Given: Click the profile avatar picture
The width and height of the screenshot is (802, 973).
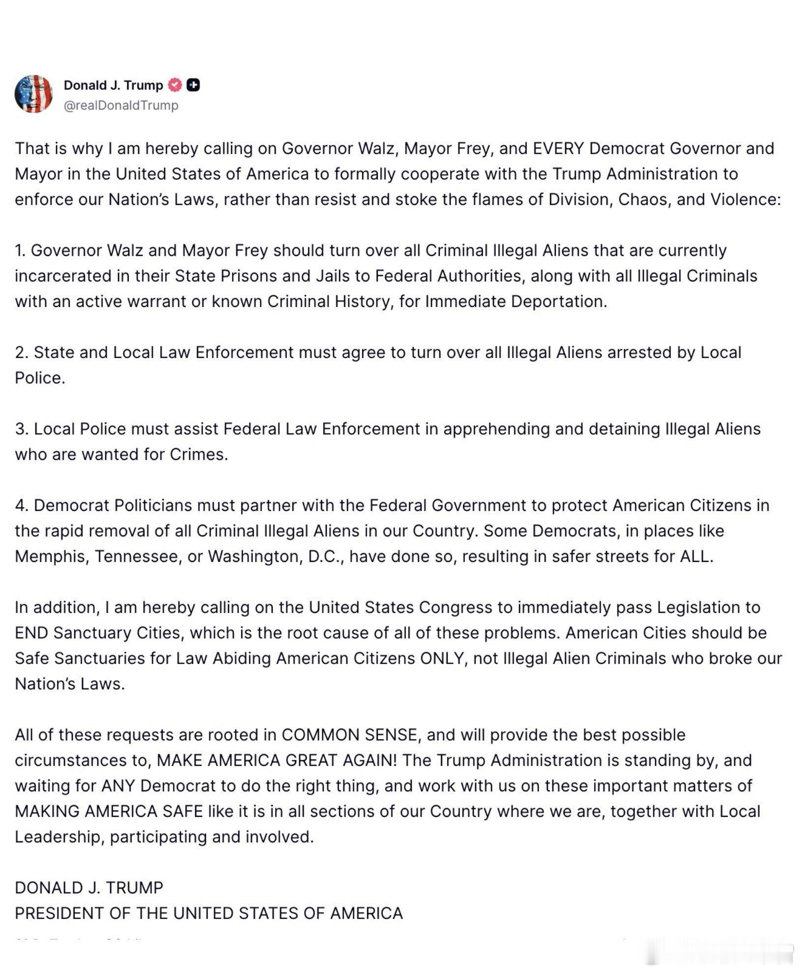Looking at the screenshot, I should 33,94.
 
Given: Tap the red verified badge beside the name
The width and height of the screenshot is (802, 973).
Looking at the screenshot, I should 175,85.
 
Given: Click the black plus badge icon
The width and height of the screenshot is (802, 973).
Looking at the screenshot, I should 193,85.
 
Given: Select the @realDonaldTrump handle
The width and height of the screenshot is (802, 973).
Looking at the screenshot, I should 121,105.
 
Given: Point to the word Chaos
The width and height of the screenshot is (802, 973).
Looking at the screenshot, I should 644,199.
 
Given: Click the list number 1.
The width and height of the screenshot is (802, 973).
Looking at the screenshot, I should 19,250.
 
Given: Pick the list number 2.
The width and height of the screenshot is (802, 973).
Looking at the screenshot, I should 21,353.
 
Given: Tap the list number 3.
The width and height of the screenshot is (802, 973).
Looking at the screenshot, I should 21,429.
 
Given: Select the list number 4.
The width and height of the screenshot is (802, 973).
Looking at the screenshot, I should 21,505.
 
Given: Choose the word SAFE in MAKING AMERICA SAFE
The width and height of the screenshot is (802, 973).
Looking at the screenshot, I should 183,811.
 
